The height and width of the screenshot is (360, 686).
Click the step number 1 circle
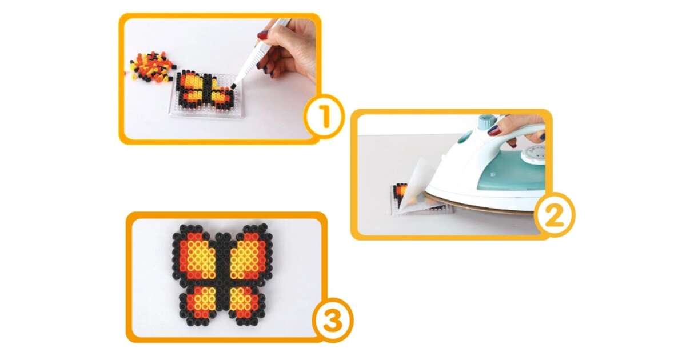[x=324, y=117]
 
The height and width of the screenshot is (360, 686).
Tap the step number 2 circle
[x=554, y=215]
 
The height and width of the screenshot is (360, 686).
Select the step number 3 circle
[x=333, y=320]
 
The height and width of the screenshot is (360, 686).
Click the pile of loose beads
[x=151, y=67]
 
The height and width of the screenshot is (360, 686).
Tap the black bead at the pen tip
[x=233, y=87]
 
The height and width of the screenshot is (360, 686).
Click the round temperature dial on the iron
[x=534, y=154]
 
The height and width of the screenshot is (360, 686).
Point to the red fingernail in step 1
[x=262, y=35]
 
